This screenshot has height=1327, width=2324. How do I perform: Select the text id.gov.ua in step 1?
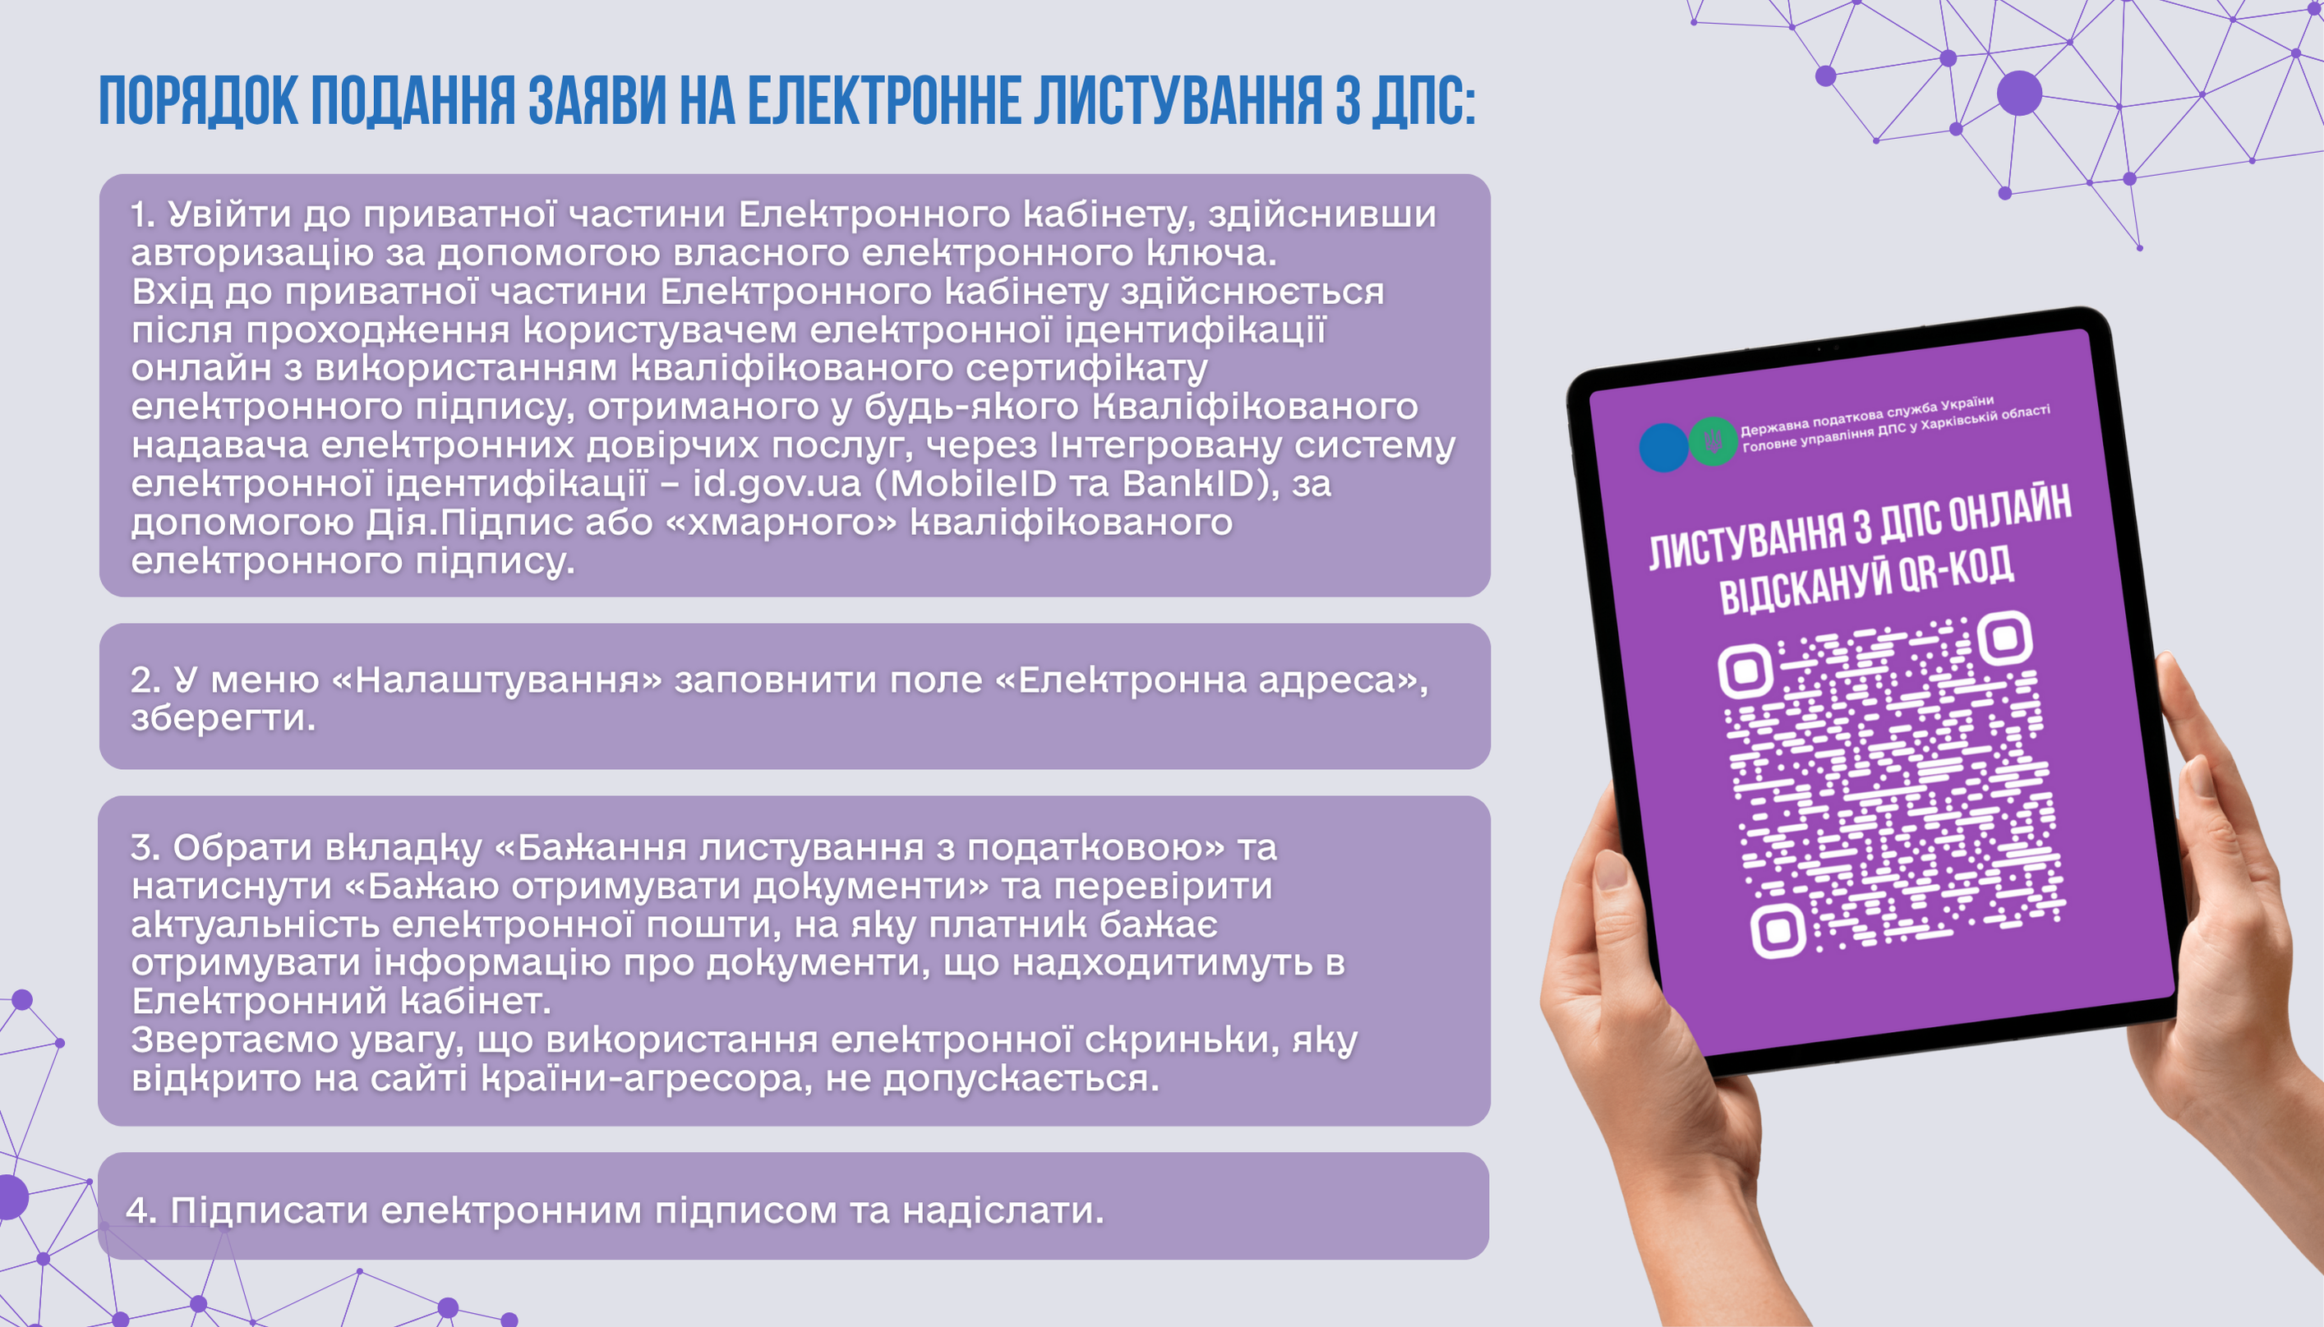(x=777, y=484)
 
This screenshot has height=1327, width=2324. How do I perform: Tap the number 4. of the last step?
(x=141, y=1210)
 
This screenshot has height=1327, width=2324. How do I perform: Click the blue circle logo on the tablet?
(x=1663, y=448)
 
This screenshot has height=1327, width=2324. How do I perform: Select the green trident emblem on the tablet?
(x=1713, y=441)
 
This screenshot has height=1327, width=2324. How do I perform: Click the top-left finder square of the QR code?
(x=1745, y=671)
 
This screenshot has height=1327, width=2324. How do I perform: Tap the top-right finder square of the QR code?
(x=2004, y=637)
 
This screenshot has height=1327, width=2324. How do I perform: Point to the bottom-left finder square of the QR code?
(x=1778, y=930)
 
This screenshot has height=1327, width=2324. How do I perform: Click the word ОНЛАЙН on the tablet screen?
(x=2010, y=516)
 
